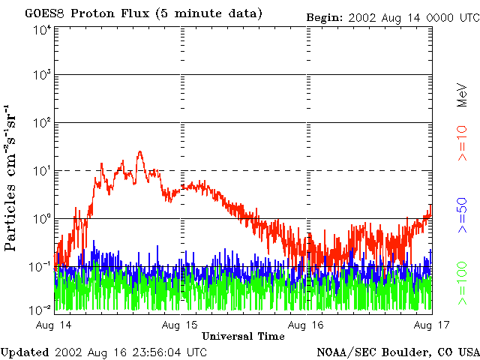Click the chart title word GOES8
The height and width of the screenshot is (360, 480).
45,13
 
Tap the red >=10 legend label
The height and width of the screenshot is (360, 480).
462,143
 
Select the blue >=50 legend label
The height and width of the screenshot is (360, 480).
462,215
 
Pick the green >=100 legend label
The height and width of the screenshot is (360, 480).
462,283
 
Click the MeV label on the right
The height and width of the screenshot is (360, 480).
462,95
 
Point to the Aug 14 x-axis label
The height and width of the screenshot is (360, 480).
53,325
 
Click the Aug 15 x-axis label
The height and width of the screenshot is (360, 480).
180,325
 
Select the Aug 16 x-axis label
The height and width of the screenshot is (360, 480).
306,325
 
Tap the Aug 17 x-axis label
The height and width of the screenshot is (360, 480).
432,325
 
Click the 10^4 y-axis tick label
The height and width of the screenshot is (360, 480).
42,31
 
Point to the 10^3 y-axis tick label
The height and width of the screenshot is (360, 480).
42,75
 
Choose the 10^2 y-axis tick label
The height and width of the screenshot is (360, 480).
42,123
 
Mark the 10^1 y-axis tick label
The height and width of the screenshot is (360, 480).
42,171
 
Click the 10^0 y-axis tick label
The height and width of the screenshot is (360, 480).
42,219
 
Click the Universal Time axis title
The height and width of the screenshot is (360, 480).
243,336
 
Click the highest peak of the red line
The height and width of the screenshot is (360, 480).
140,151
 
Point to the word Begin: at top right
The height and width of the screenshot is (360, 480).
325,18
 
